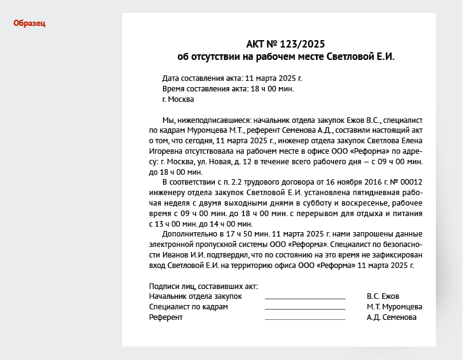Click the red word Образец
[30, 23]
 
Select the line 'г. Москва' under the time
[178, 99]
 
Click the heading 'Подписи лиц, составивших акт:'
[203, 286]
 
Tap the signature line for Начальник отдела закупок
[305, 298]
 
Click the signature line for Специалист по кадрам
[305, 308]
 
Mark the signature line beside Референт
[305, 319]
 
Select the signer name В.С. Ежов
[383, 296]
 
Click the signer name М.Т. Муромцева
[394, 307]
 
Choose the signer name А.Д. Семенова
[391, 317]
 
